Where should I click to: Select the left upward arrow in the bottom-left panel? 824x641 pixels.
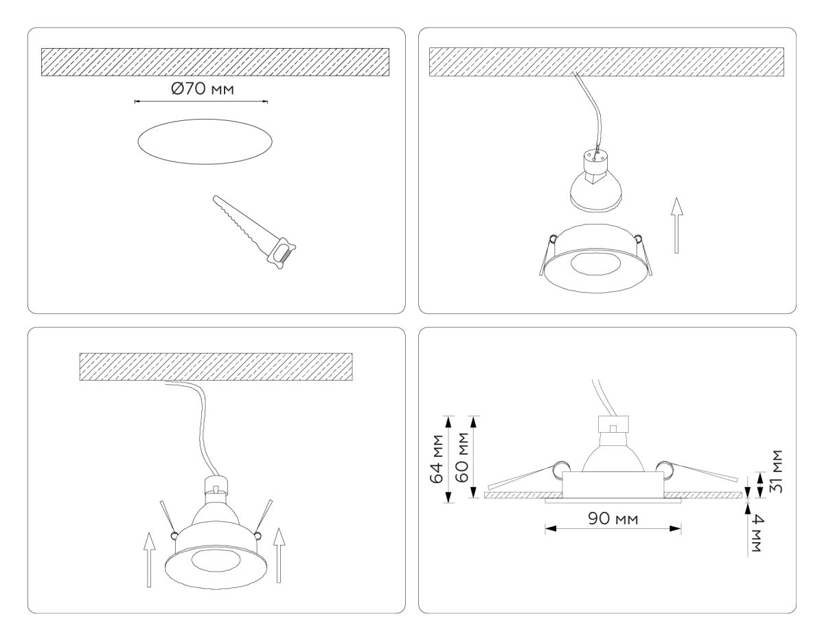coord(148,561)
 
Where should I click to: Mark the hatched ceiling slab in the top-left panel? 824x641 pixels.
coord(215,62)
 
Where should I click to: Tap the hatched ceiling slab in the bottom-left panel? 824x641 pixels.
coord(216,366)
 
